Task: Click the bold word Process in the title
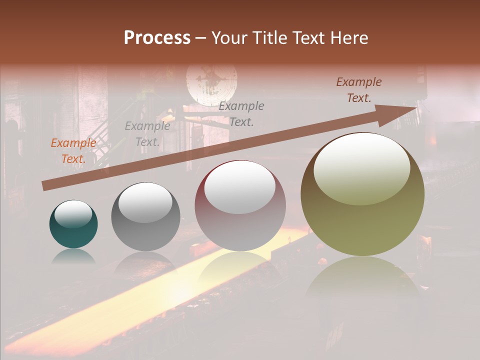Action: pyautogui.click(x=157, y=38)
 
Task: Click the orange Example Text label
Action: pyautogui.click(x=73, y=151)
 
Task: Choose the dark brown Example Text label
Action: pyautogui.click(x=359, y=90)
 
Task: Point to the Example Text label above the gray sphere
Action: pyautogui.click(x=147, y=134)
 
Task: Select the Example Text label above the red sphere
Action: pyautogui.click(x=242, y=114)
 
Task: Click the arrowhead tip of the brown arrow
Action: pyautogui.click(x=416, y=107)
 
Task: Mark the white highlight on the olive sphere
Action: pyautogui.click(x=361, y=169)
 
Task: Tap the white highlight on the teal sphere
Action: pyautogui.click(x=73, y=214)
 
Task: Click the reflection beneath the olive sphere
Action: pyautogui.click(x=362, y=280)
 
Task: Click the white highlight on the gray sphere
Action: pyautogui.click(x=145, y=202)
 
